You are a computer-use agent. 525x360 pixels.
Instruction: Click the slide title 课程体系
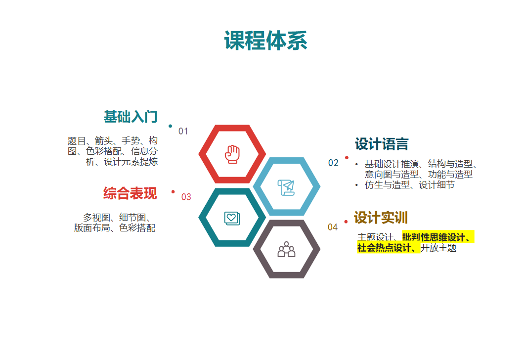coord(265,41)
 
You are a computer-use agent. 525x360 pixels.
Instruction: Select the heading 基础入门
coord(131,117)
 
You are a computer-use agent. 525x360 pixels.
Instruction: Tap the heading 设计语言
coord(382,144)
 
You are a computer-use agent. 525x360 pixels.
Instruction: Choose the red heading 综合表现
coord(130,193)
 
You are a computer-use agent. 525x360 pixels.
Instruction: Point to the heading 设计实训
coord(381,218)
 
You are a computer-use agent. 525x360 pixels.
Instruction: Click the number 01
coord(183,131)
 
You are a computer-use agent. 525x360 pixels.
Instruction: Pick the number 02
coord(333,163)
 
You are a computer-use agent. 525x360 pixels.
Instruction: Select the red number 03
coord(186,197)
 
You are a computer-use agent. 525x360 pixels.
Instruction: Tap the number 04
coord(333,227)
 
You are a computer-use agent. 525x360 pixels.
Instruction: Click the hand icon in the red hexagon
coord(232,154)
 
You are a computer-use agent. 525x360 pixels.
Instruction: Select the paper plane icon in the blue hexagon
coord(286,187)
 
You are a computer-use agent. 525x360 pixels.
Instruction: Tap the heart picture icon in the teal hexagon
coord(232,219)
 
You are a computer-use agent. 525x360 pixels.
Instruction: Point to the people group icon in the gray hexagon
coord(286,249)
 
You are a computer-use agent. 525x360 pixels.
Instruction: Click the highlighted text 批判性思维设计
coord(434,237)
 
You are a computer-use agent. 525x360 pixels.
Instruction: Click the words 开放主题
coord(438,248)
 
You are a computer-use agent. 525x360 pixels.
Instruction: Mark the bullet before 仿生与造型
coord(356,185)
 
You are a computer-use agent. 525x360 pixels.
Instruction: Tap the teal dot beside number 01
coord(171,126)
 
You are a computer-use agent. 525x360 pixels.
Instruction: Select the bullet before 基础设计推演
coord(356,164)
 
